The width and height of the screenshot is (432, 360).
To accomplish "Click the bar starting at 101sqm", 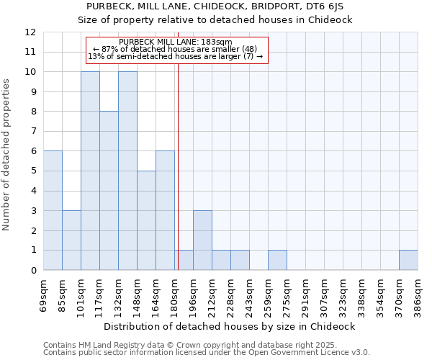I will (x=90, y=171).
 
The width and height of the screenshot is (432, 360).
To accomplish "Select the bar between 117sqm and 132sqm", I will (x=109, y=191).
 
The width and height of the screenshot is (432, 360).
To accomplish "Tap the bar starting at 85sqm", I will (x=71, y=240).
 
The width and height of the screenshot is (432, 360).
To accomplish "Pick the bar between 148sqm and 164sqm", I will (x=146, y=220).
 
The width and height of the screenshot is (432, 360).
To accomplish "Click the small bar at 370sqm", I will (x=408, y=260).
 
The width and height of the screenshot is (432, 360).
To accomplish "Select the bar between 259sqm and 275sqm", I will (x=277, y=260).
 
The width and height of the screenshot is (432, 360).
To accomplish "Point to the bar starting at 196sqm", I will (x=202, y=240).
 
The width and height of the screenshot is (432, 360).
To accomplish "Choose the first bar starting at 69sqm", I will (x=53, y=210).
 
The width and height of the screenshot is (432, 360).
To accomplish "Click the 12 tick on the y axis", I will (x=30, y=32).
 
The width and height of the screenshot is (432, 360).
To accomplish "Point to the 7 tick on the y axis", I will (x=32, y=132).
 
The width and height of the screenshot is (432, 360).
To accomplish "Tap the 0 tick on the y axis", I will (x=32, y=270).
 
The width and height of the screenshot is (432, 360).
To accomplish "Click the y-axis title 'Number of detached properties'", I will (x=7, y=155).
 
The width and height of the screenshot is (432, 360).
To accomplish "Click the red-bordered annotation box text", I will (x=176, y=50).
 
